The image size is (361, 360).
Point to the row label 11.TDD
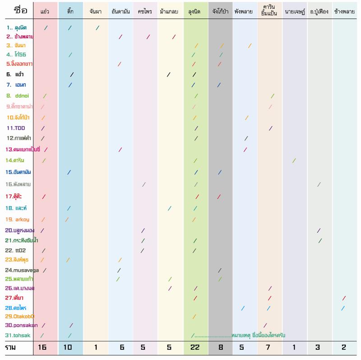[16, 128]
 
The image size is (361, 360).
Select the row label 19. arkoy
[18, 220]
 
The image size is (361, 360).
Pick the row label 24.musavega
[23, 270]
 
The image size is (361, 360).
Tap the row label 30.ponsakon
[21, 325]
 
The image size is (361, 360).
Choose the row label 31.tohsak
[19, 335]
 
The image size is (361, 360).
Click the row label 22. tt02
[15, 250]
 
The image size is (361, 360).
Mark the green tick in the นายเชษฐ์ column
[294, 160]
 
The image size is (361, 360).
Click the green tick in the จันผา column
[98, 28]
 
